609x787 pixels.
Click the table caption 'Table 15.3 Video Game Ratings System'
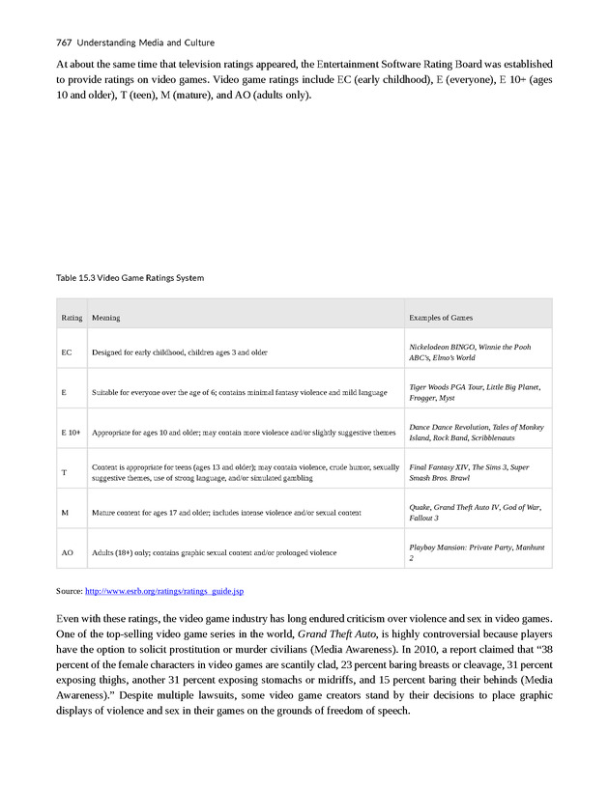tap(130, 278)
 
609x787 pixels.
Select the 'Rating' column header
tap(72, 318)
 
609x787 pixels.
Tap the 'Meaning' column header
tap(105, 318)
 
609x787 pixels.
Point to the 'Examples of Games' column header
tap(441, 318)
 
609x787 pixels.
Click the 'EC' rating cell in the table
tap(67, 352)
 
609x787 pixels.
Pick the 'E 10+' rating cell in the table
tap(71, 433)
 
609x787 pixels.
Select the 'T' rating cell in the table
tap(64, 472)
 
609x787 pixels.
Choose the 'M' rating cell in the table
tap(65, 512)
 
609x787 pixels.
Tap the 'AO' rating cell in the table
tap(67, 552)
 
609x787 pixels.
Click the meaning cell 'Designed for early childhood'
tap(179, 352)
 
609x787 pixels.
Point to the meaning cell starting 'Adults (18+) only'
tap(214, 552)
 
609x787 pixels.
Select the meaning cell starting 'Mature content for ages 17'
tap(226, 512)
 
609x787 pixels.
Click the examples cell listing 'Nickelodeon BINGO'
tap(469, 351)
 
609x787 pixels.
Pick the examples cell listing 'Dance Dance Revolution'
tap(476, 432)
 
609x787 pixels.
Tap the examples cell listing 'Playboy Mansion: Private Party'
tap(477, 552)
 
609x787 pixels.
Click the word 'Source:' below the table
tap(70, 590)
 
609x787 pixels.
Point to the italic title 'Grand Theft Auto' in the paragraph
tap(333, 634)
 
